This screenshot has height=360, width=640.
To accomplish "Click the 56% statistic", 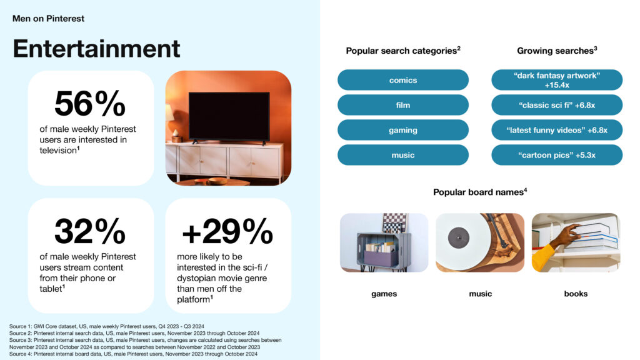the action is [90, 104].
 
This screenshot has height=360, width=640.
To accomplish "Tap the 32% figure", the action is [90, 231].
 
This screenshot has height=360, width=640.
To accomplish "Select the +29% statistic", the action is [227, 231].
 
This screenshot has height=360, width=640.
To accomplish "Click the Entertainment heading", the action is [96, 49].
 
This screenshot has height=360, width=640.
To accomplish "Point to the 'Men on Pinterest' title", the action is [48, 18].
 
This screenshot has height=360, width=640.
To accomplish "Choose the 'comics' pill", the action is [403, 80].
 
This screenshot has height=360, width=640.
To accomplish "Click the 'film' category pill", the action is [403, 105].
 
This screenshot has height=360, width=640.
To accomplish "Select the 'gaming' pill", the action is [403, 130].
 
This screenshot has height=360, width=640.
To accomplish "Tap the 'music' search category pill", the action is [403, 155].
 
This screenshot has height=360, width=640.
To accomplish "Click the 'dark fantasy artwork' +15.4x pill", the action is [557, 80].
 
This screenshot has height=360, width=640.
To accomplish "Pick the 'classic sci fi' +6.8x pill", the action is [557, 105].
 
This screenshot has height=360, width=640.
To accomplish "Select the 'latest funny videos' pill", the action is [557, 130].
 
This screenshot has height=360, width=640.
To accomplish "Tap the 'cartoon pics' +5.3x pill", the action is [557, 155].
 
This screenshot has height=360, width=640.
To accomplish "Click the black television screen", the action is [229, 116].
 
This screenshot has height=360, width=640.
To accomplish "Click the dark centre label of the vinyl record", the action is [458, 237].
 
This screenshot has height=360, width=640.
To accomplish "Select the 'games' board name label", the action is [384, 294].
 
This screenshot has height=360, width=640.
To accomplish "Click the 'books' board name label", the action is [576, 294].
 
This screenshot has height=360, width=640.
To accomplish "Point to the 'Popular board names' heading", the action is [480, 192].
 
